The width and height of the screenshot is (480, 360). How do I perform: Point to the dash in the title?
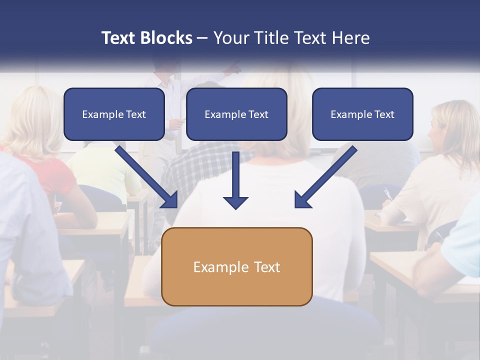pos(202,38)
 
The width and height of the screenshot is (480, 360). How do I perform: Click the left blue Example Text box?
pos(114,114)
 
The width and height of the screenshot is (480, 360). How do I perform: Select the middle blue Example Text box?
pos(236,114)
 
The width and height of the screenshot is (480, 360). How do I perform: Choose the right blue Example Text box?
pos(362,114)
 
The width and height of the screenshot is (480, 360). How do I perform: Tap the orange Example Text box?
pos(236,266)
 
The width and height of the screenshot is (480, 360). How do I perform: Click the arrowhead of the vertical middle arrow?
pos(235,202)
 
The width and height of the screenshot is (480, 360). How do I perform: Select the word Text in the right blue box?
pos(384,114)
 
